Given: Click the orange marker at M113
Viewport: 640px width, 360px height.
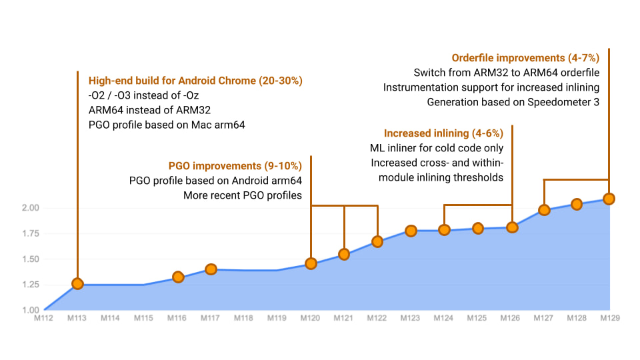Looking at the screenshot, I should click(x=77, y=283).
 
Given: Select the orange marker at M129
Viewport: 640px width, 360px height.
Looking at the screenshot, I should click(x=608, y=199).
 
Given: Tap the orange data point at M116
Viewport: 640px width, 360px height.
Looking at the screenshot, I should click(x=178, y=277).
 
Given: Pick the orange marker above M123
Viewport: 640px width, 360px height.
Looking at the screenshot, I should click(x=411, y=231).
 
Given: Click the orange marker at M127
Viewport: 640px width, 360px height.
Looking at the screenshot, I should click(x=544, y=210).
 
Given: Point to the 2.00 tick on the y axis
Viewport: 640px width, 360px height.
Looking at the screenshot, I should click(x=31, y=208).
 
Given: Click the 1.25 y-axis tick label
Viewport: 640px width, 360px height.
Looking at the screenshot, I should click(x=31, y=285).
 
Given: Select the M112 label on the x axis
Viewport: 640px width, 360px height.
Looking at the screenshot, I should click(x=43, y=318).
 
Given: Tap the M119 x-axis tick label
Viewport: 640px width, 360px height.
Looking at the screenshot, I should click(x=277, y=318).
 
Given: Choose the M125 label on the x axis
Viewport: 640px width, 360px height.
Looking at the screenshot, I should click(x=477, y=318).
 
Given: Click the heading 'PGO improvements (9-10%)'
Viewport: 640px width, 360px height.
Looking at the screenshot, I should click(x=235, y=165).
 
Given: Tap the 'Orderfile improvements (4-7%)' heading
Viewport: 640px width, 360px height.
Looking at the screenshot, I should click(x=526, y=58).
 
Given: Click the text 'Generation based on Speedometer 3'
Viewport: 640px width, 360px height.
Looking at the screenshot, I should click(x=513, y=102).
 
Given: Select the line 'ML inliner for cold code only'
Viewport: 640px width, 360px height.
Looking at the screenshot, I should click(x=437, y=148).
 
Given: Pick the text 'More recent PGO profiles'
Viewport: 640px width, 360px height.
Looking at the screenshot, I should click(x=243, y=195).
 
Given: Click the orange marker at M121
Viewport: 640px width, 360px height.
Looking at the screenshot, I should click(x=344, y=254).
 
